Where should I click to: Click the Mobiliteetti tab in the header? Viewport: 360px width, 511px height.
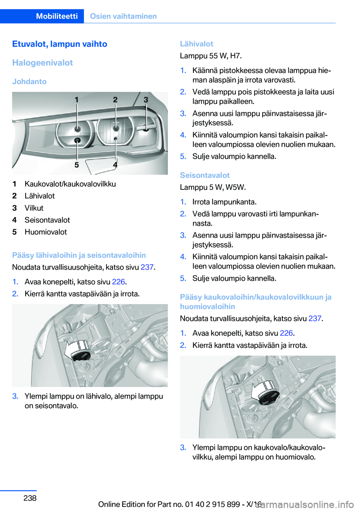pos(57,16)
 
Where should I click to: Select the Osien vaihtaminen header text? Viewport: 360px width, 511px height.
pos(123,16)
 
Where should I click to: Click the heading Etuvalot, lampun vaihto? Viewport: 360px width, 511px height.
pos(60,44)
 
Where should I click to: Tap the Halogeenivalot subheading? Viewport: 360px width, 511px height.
pos(42,63)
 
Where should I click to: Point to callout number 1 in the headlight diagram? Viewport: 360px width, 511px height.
pos(76,100)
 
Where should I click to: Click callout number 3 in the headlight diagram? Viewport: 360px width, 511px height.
pos(146,100)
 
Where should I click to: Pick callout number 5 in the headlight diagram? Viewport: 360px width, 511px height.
pos(76,165)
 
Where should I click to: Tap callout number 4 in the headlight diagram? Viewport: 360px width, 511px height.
pos(115,165)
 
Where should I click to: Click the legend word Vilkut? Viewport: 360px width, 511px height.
pos(34,208)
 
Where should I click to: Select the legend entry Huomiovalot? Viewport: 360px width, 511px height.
pos(46,232)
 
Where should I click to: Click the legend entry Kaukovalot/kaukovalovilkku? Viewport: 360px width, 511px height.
pos(70,184)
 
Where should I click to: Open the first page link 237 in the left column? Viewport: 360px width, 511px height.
pos(147,267)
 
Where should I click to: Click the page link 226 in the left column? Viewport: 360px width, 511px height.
pos(118,282)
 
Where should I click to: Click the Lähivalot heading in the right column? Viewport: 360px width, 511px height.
pos(196,44)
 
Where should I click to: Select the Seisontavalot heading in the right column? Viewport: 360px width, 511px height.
pos(205,175)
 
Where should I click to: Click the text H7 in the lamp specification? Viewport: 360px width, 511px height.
pos(235,56)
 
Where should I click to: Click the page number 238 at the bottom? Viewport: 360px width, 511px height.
pos(30,498)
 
